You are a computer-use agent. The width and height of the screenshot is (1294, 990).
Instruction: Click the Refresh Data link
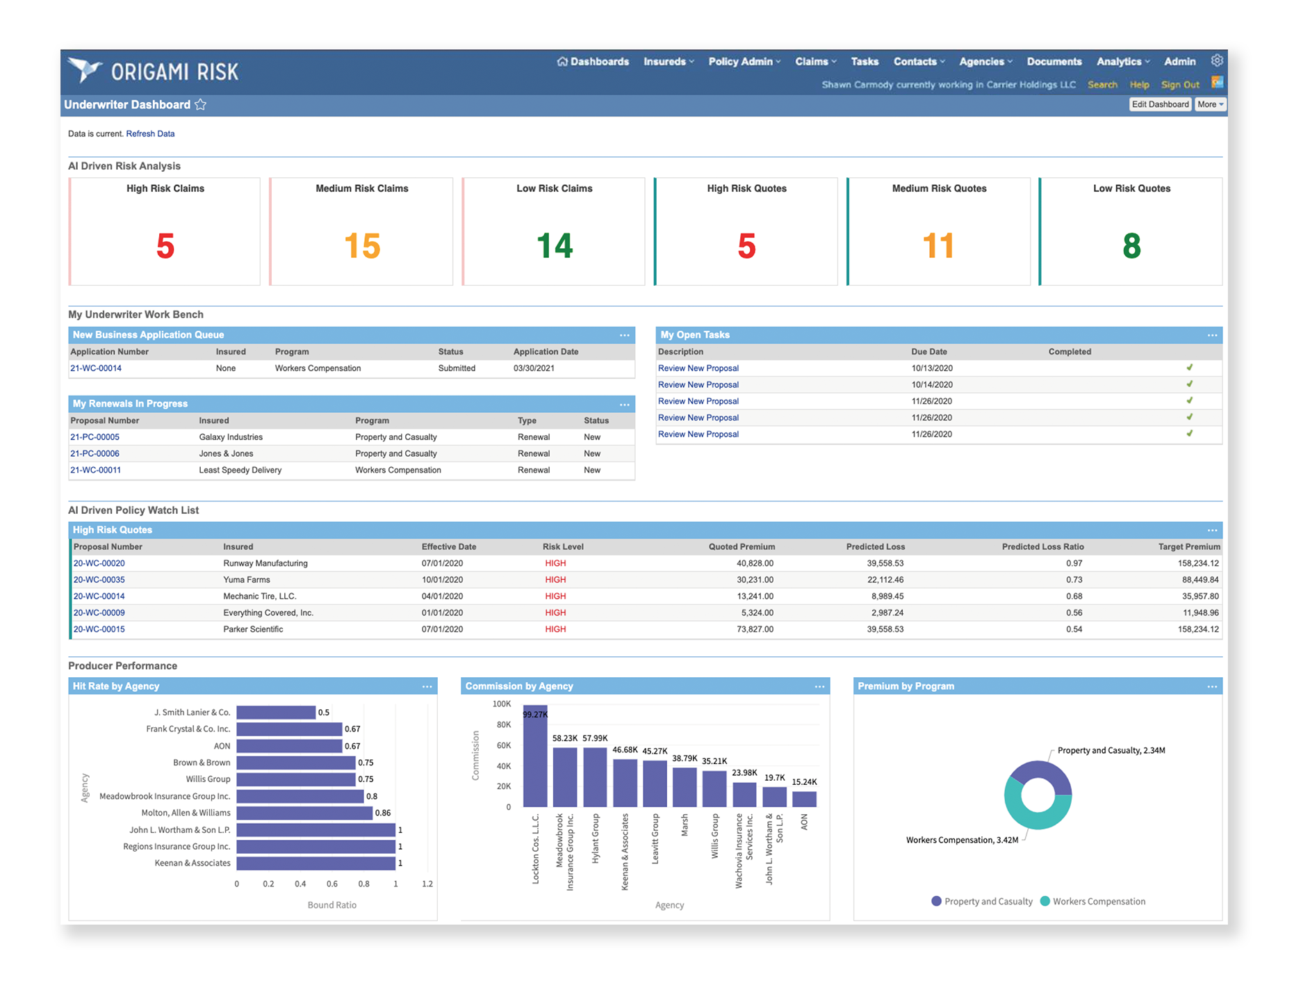[x=150, y=133]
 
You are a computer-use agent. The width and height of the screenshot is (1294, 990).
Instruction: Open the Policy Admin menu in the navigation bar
[x=744, y=62]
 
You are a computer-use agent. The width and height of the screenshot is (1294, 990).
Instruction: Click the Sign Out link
[x=1179, y=85]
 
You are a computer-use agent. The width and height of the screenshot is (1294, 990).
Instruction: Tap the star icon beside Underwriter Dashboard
[x=201, y=105]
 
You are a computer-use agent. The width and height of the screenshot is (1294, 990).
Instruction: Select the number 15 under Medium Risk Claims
[x=362, y=246]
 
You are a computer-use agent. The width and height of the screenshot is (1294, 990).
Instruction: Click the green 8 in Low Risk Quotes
[x=1131, y=246]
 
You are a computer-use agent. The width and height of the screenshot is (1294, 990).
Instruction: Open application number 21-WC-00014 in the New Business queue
[x=96, y=368]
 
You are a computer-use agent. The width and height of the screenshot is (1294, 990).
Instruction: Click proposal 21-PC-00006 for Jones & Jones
[x=95, y=454]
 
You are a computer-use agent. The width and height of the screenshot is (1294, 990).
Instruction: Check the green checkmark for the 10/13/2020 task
[x=1189, y=368]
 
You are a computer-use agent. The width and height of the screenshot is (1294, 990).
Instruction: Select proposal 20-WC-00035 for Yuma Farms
[x=99, y=580]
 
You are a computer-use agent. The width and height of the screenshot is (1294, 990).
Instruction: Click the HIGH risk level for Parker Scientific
[x=555, y=629]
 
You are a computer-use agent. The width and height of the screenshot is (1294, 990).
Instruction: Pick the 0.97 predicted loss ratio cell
[x=1074, y=563]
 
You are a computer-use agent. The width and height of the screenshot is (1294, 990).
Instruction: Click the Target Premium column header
[x=1188, y=547]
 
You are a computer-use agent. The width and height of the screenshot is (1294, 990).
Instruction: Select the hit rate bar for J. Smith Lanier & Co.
[x=276, y=713]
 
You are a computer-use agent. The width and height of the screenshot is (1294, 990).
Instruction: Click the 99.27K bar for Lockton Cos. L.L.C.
[x=535, y=758]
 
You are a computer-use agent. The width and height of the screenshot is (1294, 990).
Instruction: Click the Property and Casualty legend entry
[x=981, y=902]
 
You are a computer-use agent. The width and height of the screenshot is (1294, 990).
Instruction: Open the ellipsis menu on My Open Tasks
[x=1212, y=336]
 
